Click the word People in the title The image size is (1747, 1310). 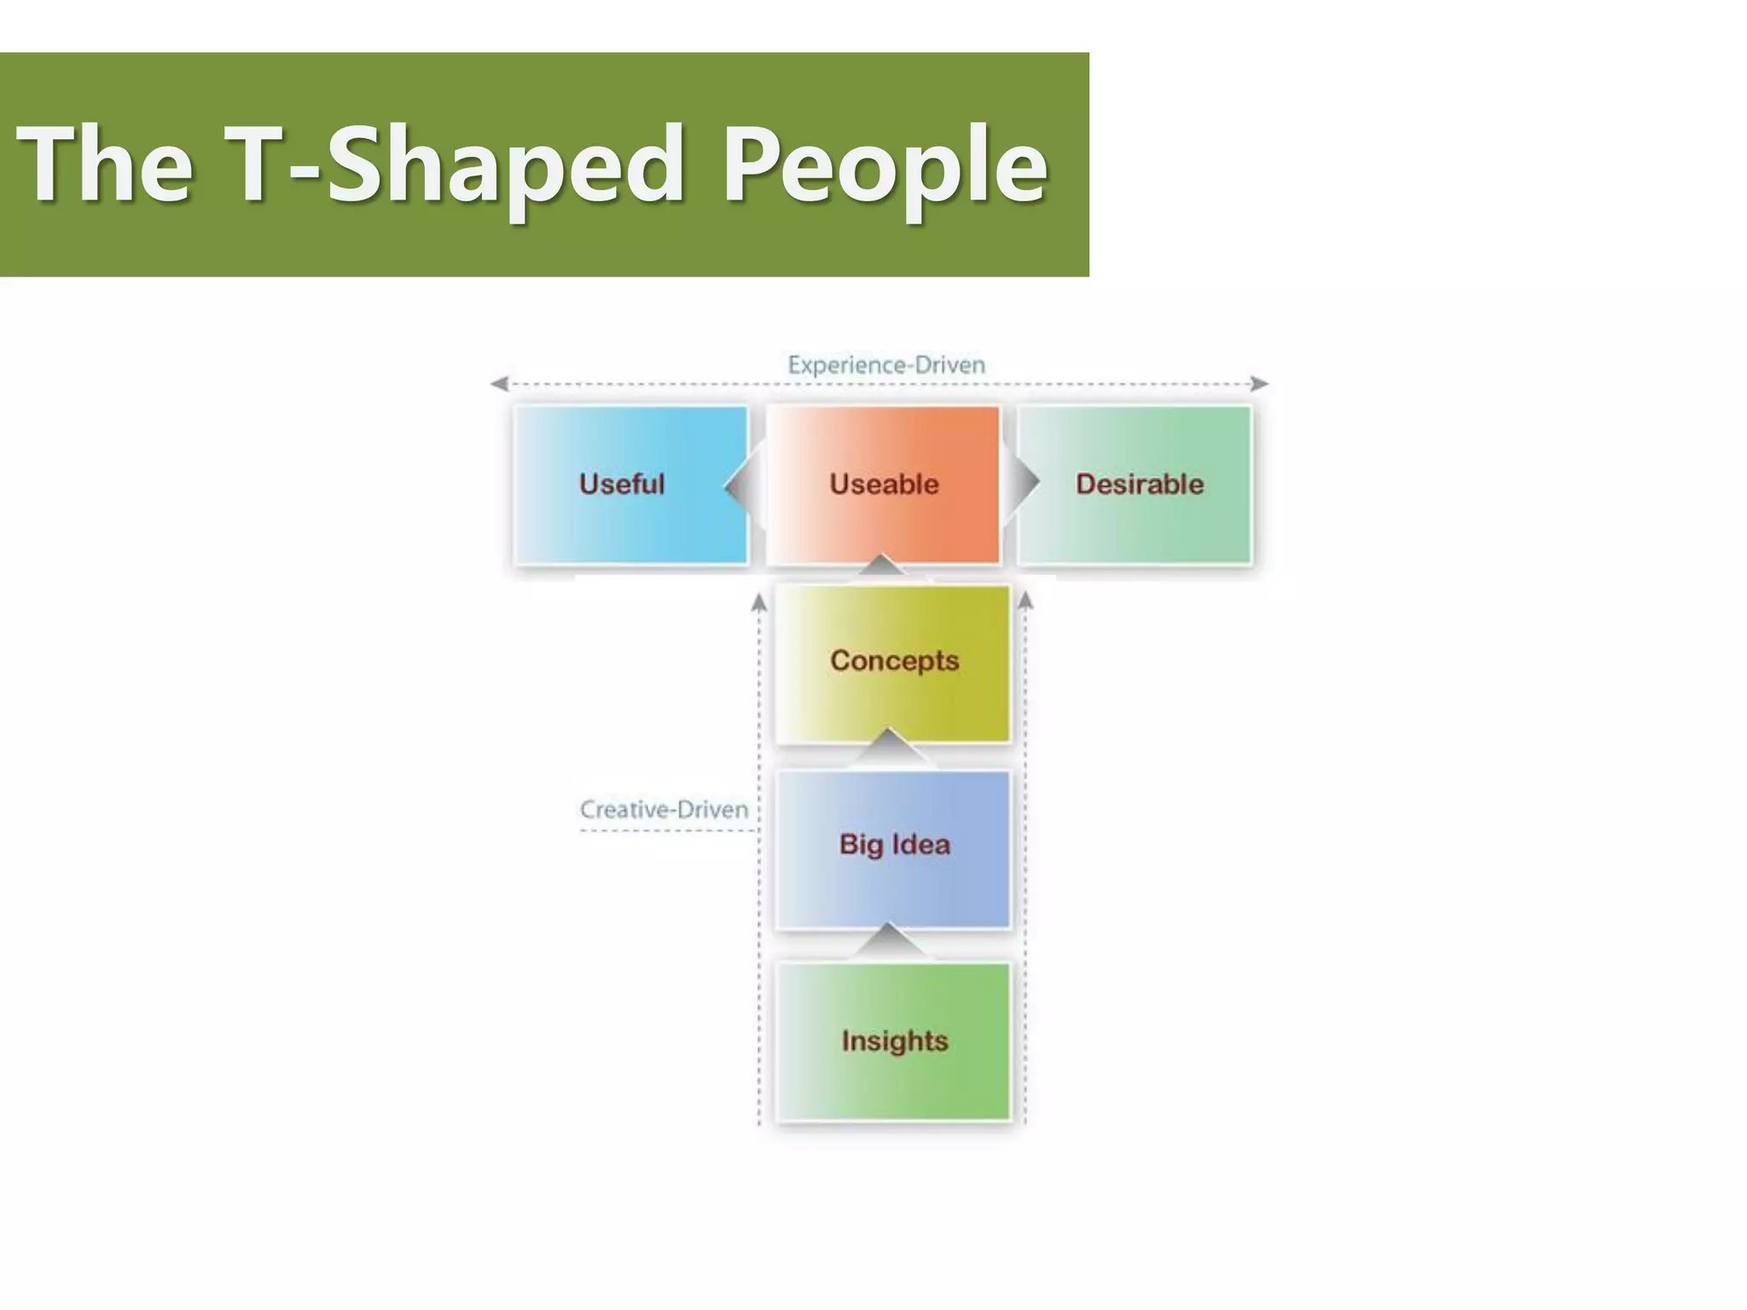[885, 164]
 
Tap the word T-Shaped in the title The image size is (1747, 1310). [453, 164]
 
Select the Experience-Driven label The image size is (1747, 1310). [885, 365]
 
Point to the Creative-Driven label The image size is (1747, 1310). [664, 809]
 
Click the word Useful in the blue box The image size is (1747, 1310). [621, 484]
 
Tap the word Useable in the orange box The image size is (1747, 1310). [884, 484]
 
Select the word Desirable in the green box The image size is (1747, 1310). [1139, 484]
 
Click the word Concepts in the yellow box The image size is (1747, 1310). [894, 660]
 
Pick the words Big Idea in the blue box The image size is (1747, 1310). [894, 844]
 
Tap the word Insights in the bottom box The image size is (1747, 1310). [894, 1040]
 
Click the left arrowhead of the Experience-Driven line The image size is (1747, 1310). [500, 384]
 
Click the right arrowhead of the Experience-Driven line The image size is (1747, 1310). [1259, 384]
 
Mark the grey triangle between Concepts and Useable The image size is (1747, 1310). [882, 565]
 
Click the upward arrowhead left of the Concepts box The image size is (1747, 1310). [759, 603]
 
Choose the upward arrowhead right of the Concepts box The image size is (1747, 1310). [1025, 601]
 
